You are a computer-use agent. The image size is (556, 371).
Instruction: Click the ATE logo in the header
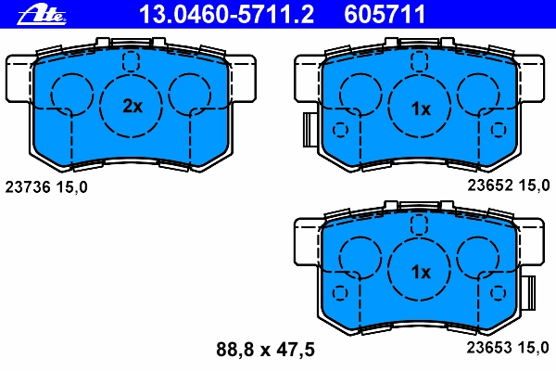(x=42, y=15)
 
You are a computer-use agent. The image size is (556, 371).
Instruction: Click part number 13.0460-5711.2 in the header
(x=227, y=15)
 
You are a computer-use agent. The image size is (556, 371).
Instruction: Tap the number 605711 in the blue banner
(x=385, y=15)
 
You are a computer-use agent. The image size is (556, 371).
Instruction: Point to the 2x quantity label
(x=133, y=106)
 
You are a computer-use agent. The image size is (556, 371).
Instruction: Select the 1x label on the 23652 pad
(x=421, y=109)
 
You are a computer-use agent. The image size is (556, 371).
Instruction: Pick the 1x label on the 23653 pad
(x=421, y=272)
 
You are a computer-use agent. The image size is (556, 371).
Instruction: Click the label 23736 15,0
(x=46, y=187)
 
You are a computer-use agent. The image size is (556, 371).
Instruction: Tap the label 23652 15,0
(x=509, y=185)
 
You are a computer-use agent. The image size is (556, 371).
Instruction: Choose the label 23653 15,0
(x=508, y=348)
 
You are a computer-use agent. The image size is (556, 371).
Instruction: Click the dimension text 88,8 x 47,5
(x=265, y=350)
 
